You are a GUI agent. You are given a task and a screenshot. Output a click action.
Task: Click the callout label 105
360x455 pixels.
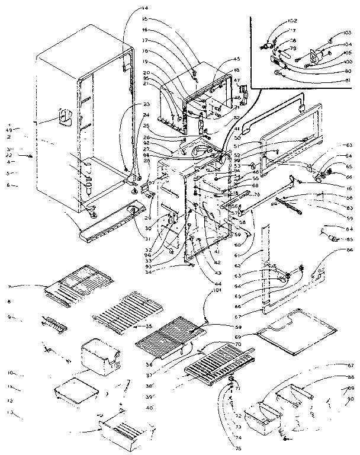tap(347, 53)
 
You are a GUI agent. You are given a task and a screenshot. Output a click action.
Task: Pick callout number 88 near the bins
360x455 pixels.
tap(351, 377)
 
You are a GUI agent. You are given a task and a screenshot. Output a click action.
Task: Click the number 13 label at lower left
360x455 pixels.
tap(10, 412)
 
